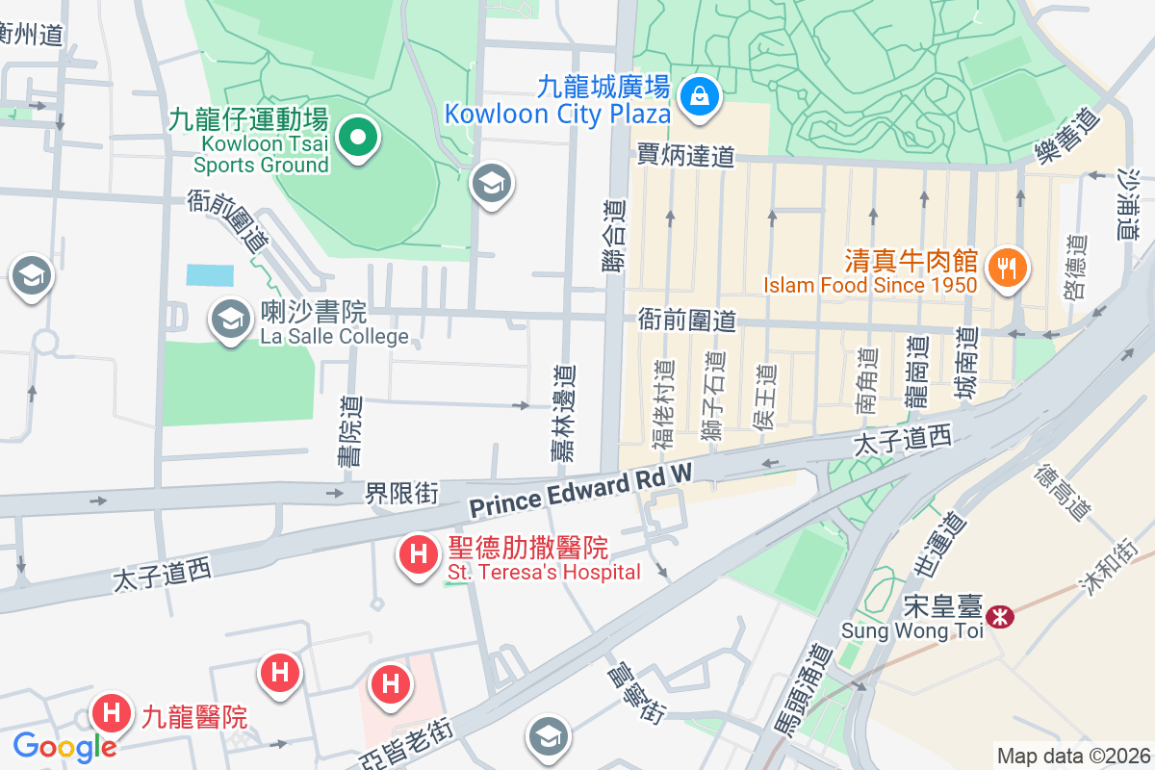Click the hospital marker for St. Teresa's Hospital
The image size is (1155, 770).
pos(419,555)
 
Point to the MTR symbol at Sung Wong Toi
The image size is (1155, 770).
pos(1002,617)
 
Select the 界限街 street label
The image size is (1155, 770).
pos(401,494)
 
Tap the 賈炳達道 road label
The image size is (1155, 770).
pos(686,155)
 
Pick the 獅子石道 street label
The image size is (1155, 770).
pos(712,398)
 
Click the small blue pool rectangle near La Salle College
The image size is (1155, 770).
pos(210,275)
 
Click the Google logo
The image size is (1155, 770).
pos(64,746)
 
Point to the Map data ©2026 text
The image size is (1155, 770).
pos(1073,756)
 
